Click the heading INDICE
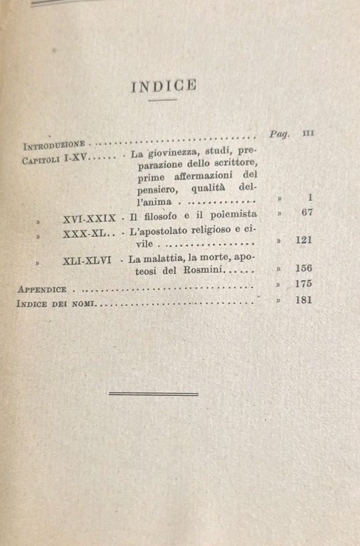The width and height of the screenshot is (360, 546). (x=164, y=86)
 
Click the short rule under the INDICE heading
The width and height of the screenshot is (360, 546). (x=164, y=100)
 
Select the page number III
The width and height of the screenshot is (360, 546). (x=308, y=133)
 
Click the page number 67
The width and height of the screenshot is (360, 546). (x=307, y=212)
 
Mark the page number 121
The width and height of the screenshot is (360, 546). (x=305, y=240)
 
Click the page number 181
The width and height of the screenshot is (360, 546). (x=305, y=299)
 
